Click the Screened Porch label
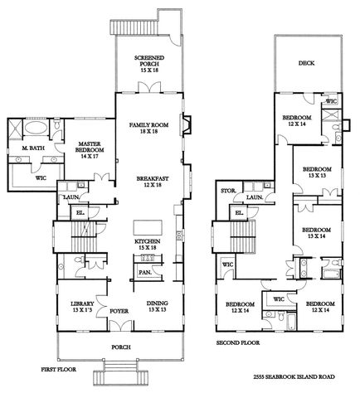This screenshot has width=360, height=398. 150,61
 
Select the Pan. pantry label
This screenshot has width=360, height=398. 144,272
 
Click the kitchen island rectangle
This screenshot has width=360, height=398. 146,226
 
